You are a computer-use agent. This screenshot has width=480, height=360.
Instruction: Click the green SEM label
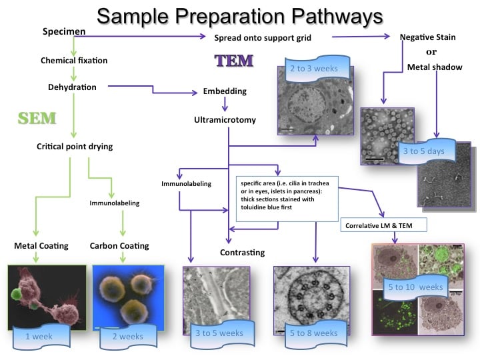pyautogui.click(x=37, y=119)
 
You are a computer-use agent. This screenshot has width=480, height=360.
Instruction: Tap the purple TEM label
pyautogui.click(x=233, y=61)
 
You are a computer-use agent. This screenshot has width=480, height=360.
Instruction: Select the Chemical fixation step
pyautogui.click(x=74, y=61)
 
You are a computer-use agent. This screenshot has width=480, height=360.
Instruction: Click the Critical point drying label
pyautogui.click(x=74, y=146)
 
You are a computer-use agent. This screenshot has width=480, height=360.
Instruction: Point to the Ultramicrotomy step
pyautogui.click(x=225, y=120)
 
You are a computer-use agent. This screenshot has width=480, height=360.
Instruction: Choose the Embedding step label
pyautogui.click(x=225, y=91)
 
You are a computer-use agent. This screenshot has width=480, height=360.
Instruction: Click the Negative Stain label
pyautogui.click(x=428, y=37)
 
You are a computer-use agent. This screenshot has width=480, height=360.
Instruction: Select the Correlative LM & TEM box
pyautogui.click(x=383, y=225)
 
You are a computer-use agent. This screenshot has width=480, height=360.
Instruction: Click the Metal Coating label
pyautogui.click(x=41, y=245)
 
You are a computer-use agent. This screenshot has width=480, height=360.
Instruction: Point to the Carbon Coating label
pyautogui.click(x=119, y=245)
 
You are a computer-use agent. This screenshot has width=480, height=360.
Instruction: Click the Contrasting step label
pyautogui.click(x=242, y=252)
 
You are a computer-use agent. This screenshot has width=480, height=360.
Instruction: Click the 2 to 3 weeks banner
pyautogui.click(x=314, y=68)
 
